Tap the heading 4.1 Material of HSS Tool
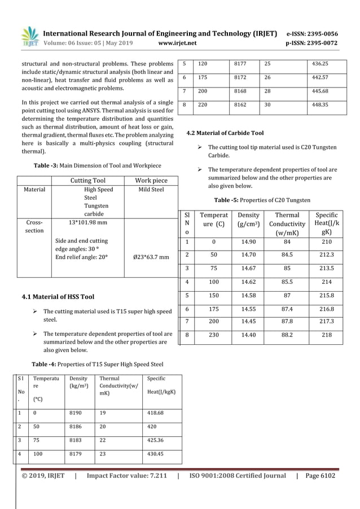58,296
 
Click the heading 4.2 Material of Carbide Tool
225,133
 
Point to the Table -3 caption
97,165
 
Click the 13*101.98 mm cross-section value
87,222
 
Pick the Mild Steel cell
151,190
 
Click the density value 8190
74,413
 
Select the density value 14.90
248,242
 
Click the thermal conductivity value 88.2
287,335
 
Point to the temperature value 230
213,335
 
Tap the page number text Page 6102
319,476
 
